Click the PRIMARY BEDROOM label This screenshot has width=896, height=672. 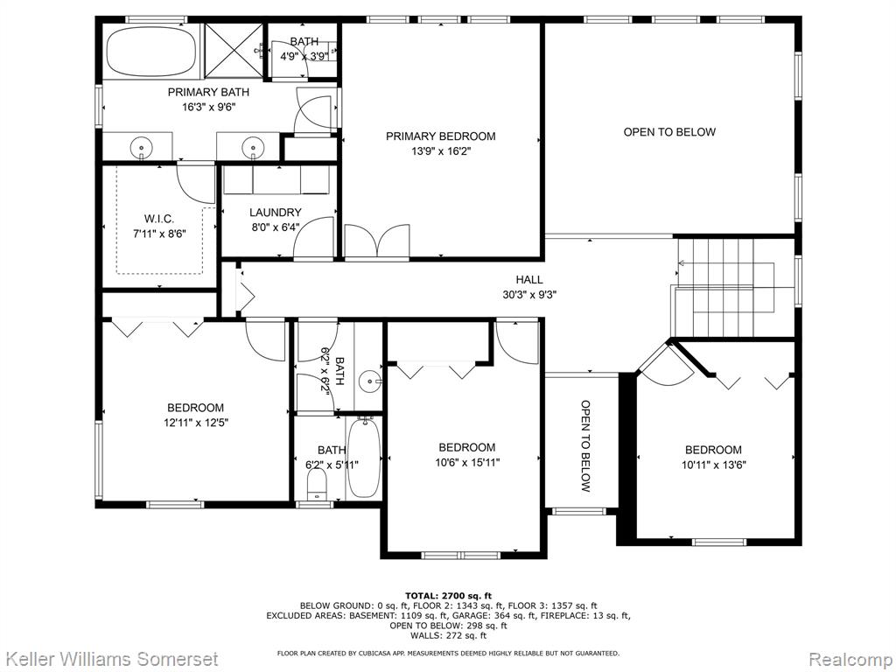click(x=441, y=136)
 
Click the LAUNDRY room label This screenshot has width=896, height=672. click(x=275, y=213)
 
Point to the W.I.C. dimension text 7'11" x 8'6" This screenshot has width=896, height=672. click(x=159, y=233)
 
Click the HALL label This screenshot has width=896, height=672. click(x=529, y=279)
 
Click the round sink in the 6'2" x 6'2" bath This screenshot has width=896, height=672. click(x=370, y=380)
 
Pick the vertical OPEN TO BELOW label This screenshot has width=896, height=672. click(x=585, y=445)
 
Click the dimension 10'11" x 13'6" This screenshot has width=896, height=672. click(x=714, y=465)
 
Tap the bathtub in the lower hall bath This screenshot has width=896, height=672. click(x=363, y=457)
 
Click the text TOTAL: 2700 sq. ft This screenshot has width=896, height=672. click(x=449, y=596)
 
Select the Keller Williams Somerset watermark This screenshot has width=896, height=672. click(x=109, y=659)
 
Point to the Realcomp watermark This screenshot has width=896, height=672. click(x=850, y=660)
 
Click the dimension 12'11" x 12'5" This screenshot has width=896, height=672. click(x=196, y=423)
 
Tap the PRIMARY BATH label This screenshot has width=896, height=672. click(x=208, y=92)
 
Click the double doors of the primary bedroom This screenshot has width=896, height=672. click(x=377, y=241)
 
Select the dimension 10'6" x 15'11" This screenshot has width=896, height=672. click(x=467, y=462)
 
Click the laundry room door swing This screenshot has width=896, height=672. click(x=313, y=239)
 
